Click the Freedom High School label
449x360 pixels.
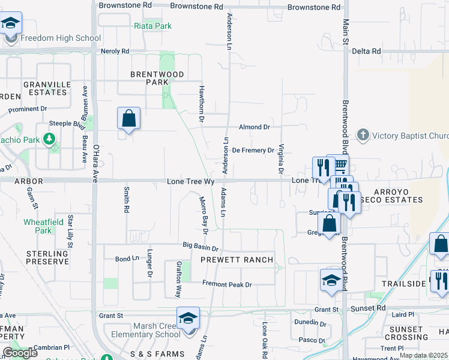(x=61, y=38)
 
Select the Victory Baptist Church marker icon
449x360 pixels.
(x=363, y=135)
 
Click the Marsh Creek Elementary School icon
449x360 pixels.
(x=187, y=318)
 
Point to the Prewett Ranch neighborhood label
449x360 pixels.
(x=237, y=260)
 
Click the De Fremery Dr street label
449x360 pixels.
(x=253, y=150)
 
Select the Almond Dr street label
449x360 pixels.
(x=255, y=127)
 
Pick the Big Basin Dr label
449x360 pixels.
(x=200, y=247)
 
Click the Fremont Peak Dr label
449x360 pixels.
(x=227, y=284)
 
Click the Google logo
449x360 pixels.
(x=20, y=353)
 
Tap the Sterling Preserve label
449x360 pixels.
(x=47, y=257)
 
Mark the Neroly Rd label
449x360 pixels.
(x=115, y=52)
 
